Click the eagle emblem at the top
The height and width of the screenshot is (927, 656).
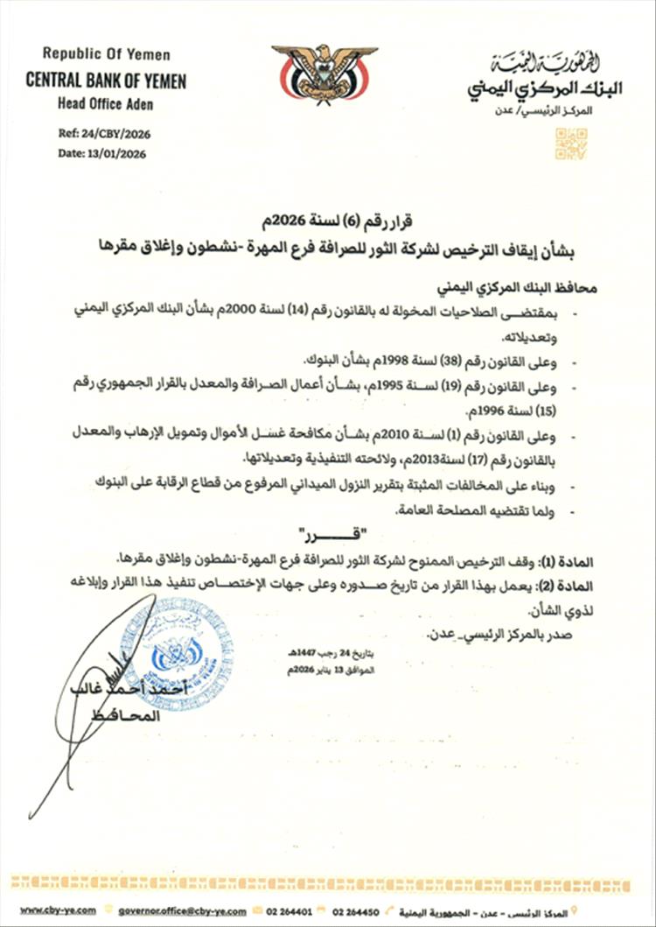[325, 75]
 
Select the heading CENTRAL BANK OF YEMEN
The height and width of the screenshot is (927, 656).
[106, 81]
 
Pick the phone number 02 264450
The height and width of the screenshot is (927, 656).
[367, 911]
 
